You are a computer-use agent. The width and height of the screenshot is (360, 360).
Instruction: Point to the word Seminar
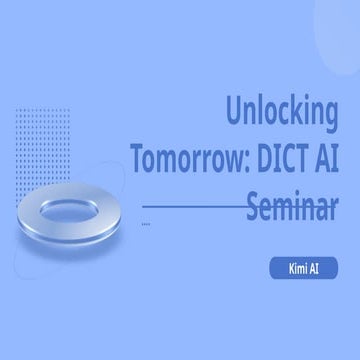291,204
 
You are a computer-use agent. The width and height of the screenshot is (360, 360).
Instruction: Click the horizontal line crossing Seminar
190,205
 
